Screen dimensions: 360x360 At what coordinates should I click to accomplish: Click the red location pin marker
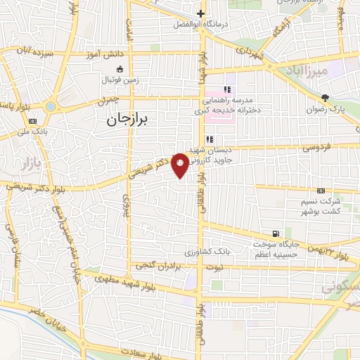[x=180, y=165]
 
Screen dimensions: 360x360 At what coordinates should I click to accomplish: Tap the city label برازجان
[x=129, y=120]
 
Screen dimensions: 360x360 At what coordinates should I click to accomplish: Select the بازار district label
[x=26, y=165]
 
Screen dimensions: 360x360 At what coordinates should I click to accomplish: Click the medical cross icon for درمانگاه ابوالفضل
[x=201, y=13]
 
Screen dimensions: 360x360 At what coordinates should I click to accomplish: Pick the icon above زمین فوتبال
[x=119, y=69]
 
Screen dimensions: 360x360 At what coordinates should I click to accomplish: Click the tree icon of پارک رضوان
[x=324, y=98]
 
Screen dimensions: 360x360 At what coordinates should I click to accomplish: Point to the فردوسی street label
[x=316, y=148]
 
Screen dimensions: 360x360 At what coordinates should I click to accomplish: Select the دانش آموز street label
[x=106, y=53]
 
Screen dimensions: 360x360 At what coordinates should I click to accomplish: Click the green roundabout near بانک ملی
[x=51, y=107]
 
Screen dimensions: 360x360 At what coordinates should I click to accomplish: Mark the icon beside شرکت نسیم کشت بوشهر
[x=321, y=190]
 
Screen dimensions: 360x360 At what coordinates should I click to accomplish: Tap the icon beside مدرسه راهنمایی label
[x=226, y=89]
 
